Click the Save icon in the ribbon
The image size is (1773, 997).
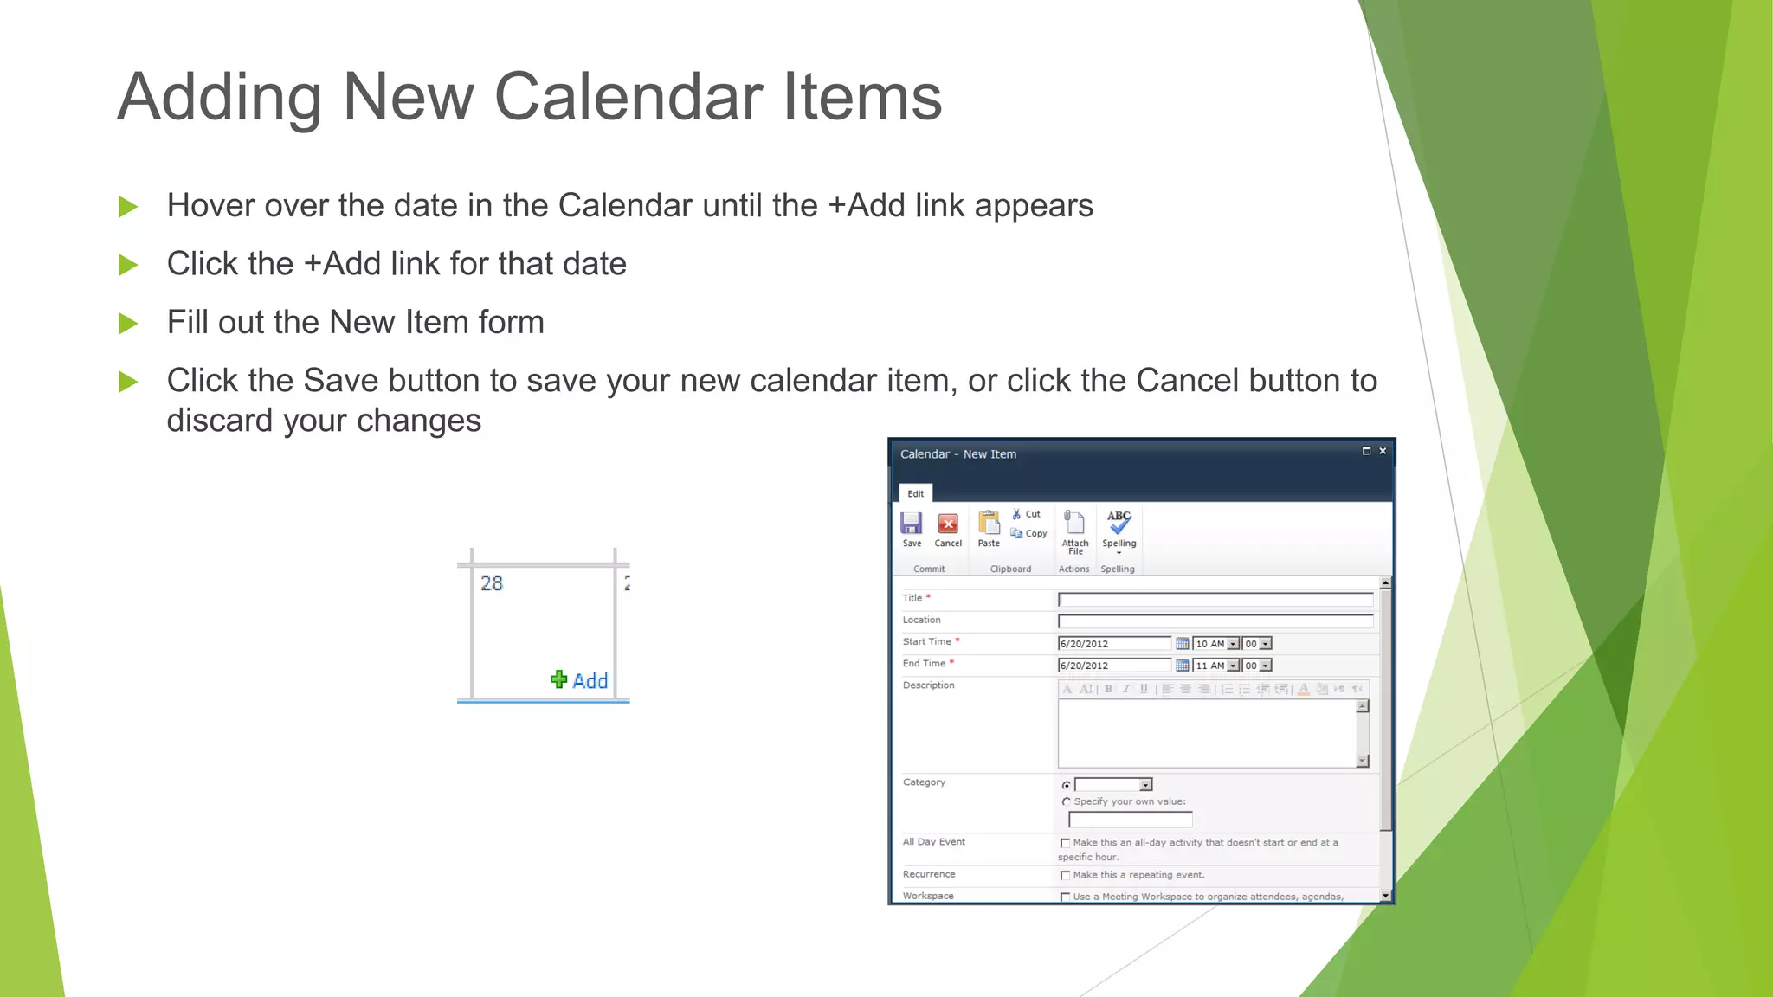(x=911, y=524)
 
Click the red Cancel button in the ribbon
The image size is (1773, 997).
(x=948, y=524)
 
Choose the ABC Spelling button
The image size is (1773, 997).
(x=1119, y=523)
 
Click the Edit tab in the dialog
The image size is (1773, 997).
(x=915, y=493)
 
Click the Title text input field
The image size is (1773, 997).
(x=1215, y=599)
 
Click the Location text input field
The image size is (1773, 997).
(x=1215, y=621)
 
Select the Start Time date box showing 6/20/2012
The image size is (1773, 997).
(x=1113, y=644)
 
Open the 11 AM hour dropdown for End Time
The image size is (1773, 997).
(x=1234, y=666)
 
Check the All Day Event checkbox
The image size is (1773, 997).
(x=1065, y=843)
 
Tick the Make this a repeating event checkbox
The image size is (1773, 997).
(x=1065, y=876)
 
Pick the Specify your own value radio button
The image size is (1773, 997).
(x=1066, y=802)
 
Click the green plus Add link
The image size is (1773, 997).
(x=580, y=680)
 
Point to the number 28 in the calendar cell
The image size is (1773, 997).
(x=492, y=583)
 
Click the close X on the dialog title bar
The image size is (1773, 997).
(x=1383, y=451)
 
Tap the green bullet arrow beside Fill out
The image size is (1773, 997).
(x=128, y=324)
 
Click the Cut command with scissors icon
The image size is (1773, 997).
(x=1026, y=514)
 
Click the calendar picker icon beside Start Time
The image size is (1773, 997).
(x=1182, y=644)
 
